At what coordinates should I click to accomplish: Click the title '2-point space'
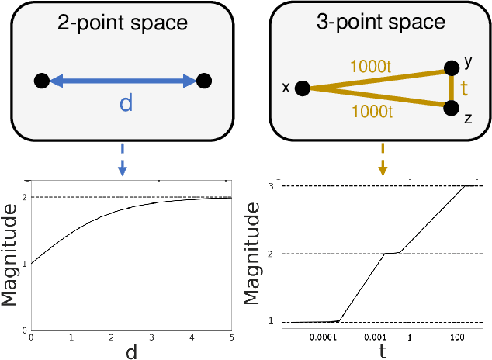tap(123, 22)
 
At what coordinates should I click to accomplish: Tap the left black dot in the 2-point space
tap(42, 80)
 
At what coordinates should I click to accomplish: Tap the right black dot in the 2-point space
tap(204, 80)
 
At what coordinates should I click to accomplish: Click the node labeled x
tap(303, 88)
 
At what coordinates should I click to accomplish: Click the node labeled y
tap(452, 69)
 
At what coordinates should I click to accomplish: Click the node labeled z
tap(452, 108)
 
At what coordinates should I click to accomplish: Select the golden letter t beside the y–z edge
tap(465, 88)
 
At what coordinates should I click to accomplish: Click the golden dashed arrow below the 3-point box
tap(383, 158)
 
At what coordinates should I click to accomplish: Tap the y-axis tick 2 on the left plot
tap(25, 197)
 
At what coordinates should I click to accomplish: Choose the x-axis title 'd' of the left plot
tap(130, 352)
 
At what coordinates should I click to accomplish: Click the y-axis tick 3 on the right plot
tap(271, 186)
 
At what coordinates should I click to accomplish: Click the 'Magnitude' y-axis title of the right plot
tap(253, 253)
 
